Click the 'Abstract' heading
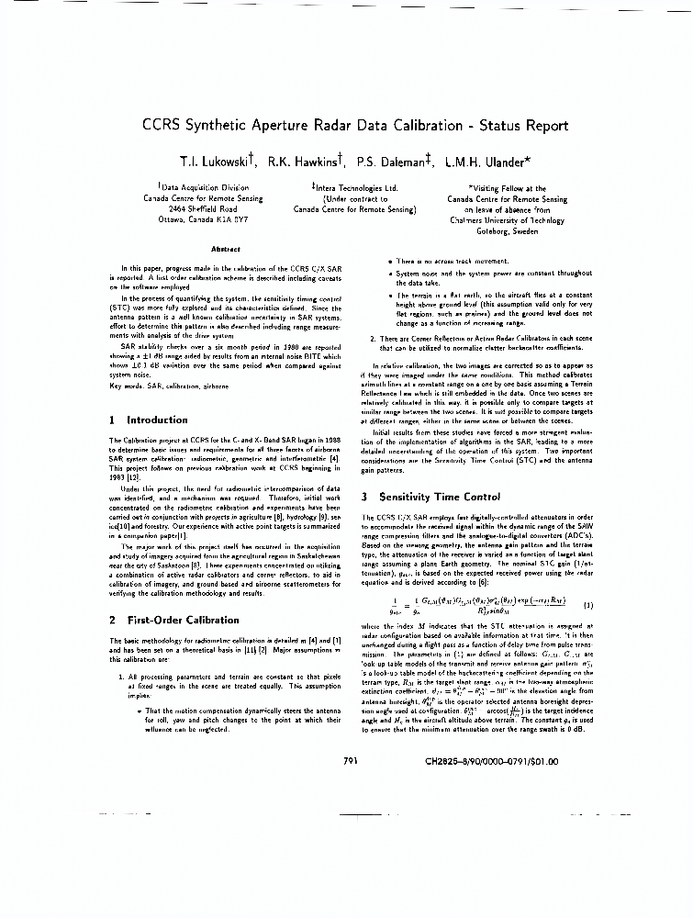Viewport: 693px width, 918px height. [x=225, y=249]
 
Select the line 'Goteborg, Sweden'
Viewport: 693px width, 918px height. [x=508, y=232]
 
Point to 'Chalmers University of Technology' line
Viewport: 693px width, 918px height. [x=508, y=220]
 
